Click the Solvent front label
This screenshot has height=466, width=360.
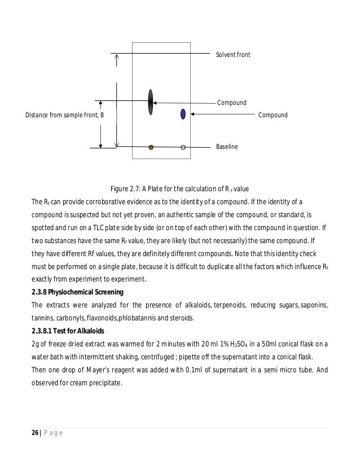(233, 55)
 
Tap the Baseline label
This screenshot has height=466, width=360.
(227, 147)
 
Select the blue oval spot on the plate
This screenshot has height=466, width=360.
(183, 113)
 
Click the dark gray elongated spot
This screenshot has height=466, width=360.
(151, 102)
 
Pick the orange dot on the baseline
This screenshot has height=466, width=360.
(151, 148)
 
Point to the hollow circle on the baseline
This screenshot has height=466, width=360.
(183, 148)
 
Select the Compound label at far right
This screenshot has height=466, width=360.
(273, 115)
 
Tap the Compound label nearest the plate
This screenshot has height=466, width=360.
(232, 103)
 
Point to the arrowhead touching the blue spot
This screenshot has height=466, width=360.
(193, 115)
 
